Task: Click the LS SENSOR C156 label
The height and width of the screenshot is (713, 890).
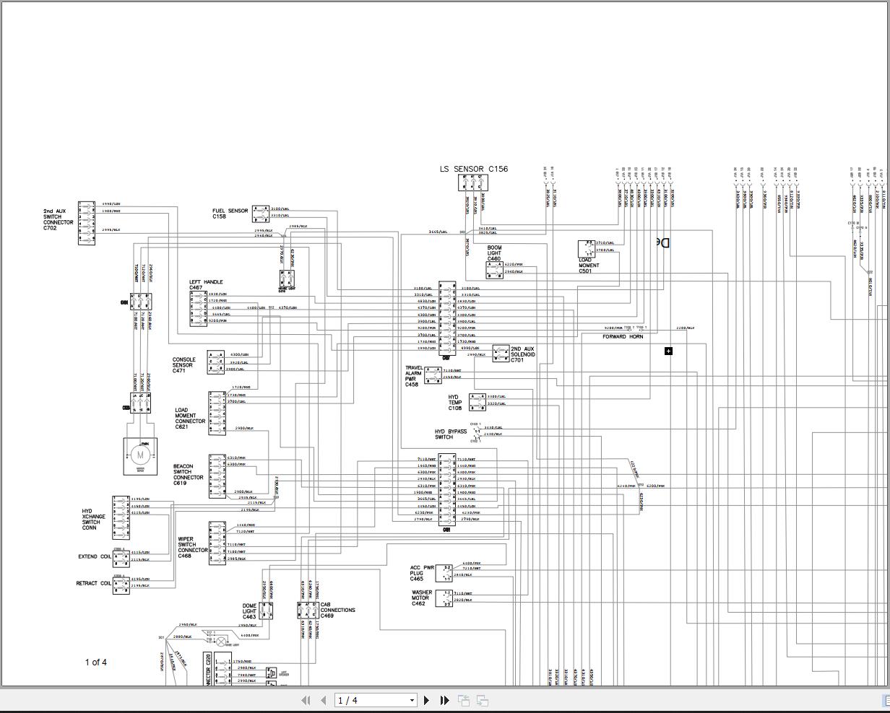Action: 473,169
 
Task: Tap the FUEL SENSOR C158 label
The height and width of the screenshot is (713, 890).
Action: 230,214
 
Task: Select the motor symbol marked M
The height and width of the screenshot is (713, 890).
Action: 140,455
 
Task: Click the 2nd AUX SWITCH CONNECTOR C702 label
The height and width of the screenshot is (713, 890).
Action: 58,219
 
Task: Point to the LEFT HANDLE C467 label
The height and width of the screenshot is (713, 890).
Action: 206,285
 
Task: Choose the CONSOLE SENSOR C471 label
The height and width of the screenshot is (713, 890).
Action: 183,365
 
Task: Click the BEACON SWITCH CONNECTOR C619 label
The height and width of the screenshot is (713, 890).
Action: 188,475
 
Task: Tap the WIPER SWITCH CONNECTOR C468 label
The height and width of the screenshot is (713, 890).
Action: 193,548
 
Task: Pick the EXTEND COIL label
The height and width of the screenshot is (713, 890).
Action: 95,557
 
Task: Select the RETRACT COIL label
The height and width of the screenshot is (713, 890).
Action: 94,583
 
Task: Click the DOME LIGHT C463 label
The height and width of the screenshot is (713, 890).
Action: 249,611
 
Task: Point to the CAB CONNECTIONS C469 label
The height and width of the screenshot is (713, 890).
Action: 337,611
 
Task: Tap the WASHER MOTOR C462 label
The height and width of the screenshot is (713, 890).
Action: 421,598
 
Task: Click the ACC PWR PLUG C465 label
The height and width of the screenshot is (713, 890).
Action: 422,573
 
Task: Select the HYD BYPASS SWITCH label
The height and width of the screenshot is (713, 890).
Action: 451,434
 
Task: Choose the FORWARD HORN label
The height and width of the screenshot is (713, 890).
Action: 623,337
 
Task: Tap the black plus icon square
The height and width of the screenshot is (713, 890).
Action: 668,351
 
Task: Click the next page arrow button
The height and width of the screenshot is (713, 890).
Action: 426,700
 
